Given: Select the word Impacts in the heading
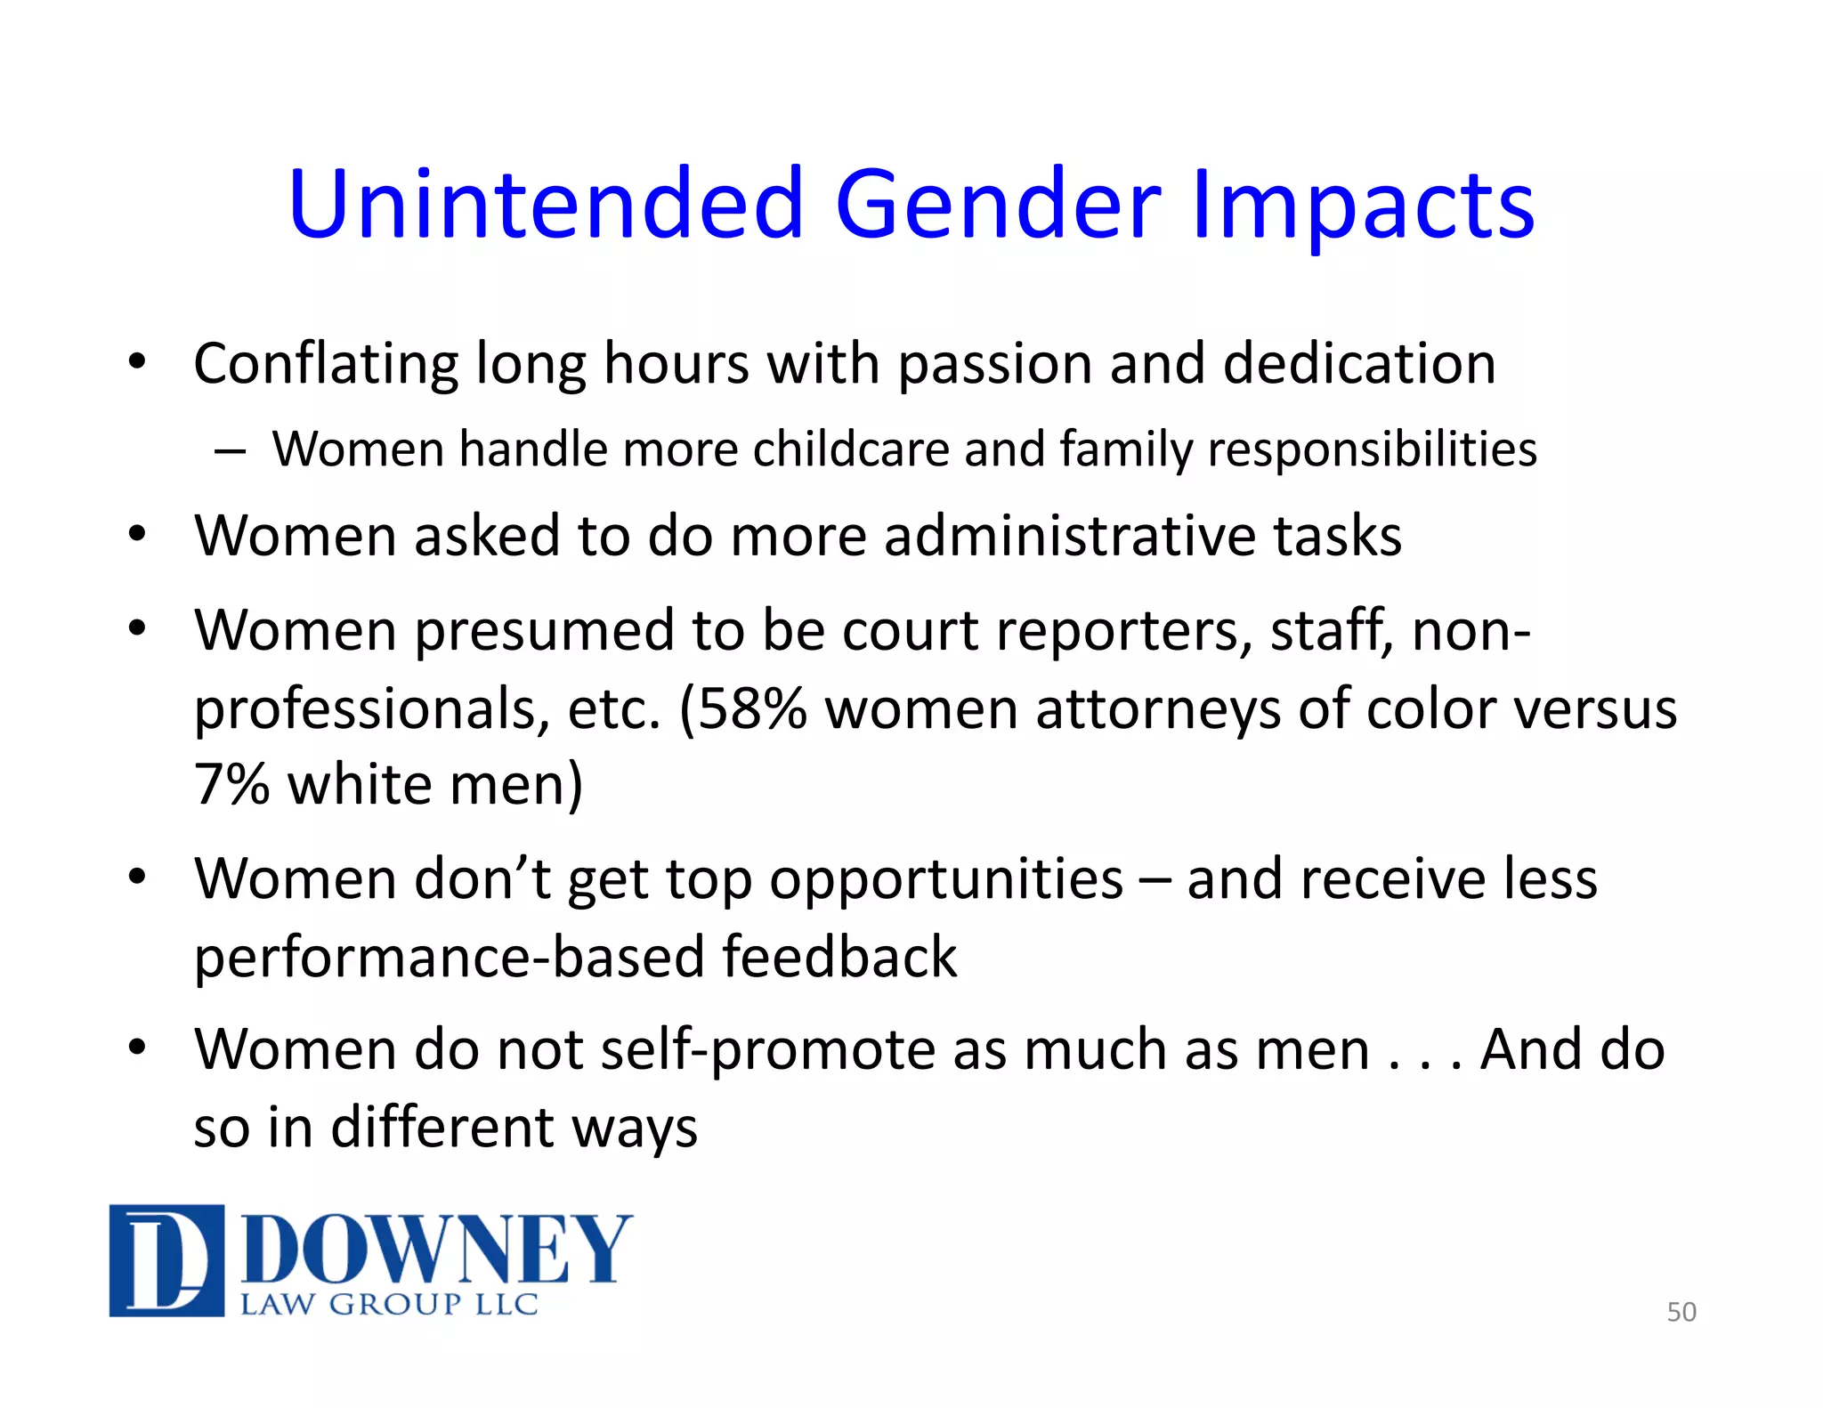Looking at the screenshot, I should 1363,206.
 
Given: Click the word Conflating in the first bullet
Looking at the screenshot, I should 326,364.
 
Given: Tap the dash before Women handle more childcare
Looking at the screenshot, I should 230,450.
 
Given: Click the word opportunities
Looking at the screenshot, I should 945,879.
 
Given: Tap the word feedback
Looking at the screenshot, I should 839,957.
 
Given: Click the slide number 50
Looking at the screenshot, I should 1681,1312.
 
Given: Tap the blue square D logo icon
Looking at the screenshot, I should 166,1260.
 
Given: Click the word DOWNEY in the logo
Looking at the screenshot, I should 436,1250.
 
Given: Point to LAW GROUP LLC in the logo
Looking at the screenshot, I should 390,1305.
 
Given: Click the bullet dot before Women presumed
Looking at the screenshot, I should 136,629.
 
